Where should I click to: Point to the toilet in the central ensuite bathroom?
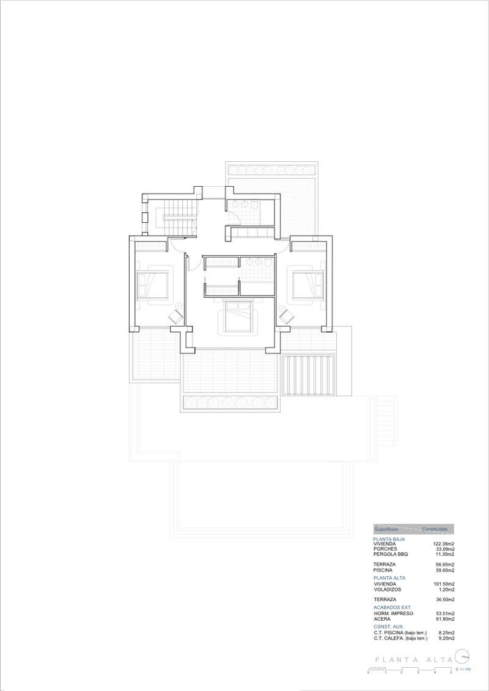coord(267,263)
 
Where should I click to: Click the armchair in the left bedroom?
coord(176,316)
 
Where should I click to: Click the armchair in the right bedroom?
coord(285,316)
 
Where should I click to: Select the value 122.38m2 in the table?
coord(444,544)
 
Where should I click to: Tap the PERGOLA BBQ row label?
coord(391,554)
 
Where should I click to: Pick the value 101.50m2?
coord(444,584)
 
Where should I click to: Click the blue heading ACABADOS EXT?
coord(392,608)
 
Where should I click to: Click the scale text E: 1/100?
coord(463,670)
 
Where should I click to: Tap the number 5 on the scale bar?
coord(451,672)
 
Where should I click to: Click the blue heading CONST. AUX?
coord(388,627)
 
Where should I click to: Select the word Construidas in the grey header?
coord(435,529)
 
